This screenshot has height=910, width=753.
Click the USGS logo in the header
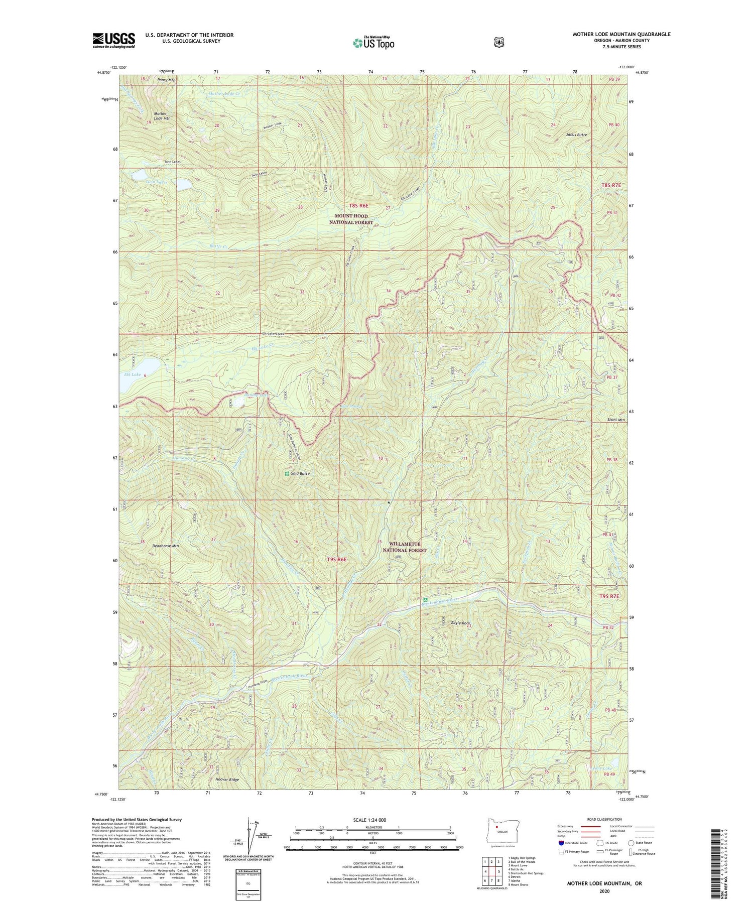coord(113,40)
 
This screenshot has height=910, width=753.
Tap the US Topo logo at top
coord(373,43)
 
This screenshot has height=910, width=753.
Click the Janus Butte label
coord(576,135)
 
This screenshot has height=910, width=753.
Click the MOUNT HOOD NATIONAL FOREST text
coord(351,219)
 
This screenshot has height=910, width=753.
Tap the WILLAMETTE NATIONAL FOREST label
coord(405,547)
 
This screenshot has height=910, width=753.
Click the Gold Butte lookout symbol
coord(287,473)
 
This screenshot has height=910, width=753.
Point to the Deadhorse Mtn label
coord(165,546)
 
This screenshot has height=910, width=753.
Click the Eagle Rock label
coord(460,623)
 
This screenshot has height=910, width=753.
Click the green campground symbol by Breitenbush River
coord(425,599)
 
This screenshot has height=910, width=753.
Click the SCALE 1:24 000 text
coord(373,820)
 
